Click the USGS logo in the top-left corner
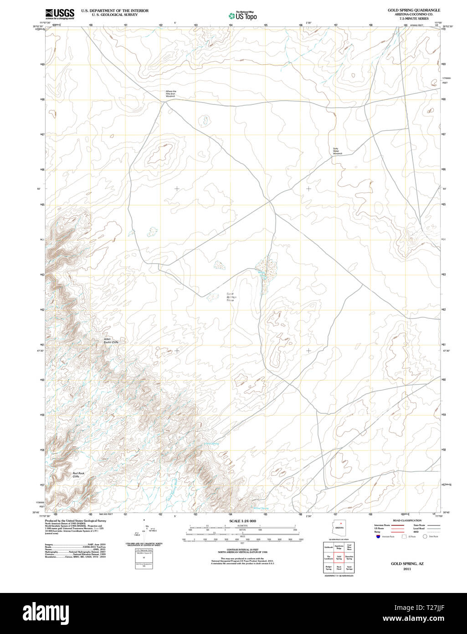coord(60,14)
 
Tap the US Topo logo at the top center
coord(242,15)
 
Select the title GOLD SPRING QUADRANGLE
coord(414,10)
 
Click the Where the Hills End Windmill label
coord(170,94)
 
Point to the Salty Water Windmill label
coord(337,151)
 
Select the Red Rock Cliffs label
coord(79,475)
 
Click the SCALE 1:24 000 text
coord(242,521)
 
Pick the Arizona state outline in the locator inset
coord(339,527)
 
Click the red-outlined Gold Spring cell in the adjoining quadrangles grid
coord(339,557)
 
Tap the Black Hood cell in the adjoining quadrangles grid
coord(339,568)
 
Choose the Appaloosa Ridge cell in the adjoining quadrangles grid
coord(339,546)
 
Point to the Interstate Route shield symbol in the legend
coord(378,537)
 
